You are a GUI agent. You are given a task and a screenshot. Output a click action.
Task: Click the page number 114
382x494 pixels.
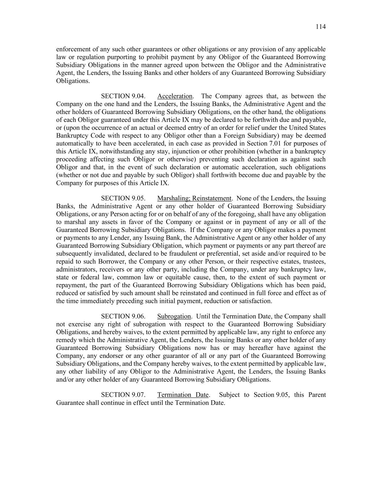coord(320,26)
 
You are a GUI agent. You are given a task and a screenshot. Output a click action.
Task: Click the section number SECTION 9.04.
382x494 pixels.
coord(123,96)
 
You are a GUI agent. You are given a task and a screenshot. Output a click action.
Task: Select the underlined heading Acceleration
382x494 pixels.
coord(175,96)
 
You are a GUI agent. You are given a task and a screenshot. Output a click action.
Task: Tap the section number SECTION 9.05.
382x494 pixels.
coord(123,198)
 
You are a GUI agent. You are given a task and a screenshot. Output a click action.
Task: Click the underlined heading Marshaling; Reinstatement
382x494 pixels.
coord(194,198)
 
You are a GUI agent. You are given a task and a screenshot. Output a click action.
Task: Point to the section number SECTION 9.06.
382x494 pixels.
coord(123,316)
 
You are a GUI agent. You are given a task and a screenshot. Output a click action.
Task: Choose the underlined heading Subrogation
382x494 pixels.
coord(174,316)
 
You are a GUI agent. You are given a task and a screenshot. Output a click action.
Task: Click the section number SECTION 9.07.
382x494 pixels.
coord(123,395)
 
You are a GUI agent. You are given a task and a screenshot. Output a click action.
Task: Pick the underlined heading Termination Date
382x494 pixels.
coord(183,395)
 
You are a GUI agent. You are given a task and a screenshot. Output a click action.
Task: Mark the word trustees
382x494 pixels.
coord(314,262)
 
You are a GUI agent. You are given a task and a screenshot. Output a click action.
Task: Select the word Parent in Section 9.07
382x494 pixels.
coord(317,395)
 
